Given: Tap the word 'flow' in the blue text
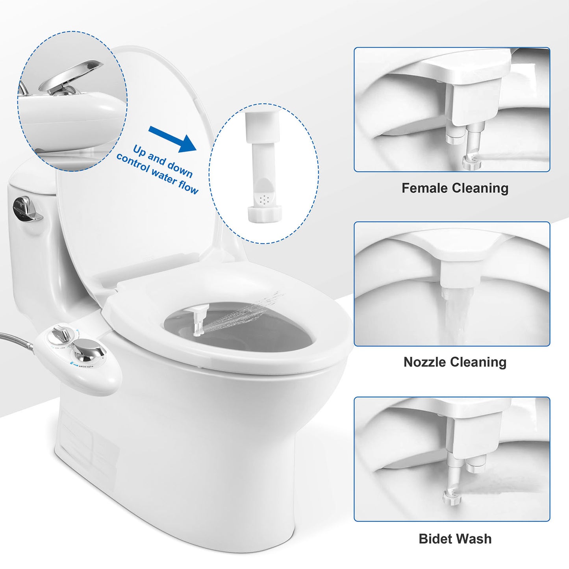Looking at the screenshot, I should coord(188,186).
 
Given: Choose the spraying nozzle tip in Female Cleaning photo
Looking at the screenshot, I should coord(471,161).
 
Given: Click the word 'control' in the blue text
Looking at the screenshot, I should coord(133,164).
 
